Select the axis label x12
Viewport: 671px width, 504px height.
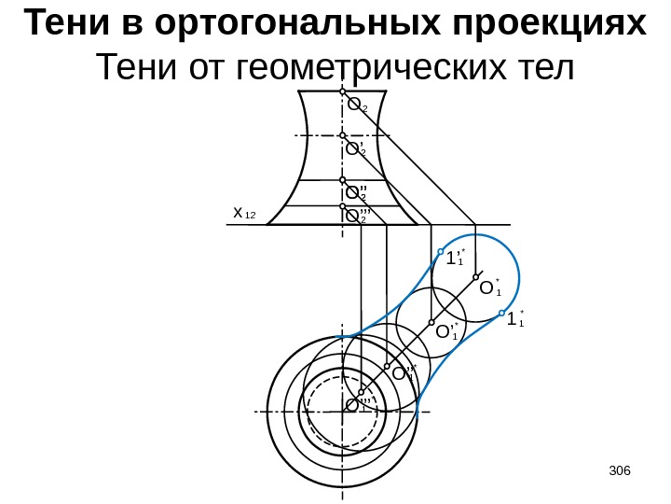coord(244,216)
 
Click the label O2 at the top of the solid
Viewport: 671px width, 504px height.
coord(357,105)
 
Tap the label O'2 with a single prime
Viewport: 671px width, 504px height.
coord(356,148)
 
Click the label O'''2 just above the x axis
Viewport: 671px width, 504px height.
coord(358,217)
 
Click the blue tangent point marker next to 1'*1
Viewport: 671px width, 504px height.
coord(441,250)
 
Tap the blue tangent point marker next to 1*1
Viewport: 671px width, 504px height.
coord(501,313)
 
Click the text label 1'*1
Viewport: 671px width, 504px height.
coord(456,259)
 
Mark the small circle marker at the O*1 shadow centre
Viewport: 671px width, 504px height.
coord(475,276)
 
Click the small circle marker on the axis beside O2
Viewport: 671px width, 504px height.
coord(343,93)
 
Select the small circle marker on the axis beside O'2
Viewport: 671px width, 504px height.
coord(343,136)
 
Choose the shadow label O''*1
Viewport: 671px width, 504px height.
coord(404,374)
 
